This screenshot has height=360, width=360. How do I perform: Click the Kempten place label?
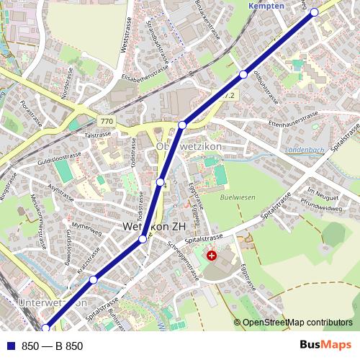click(x=266, y=5)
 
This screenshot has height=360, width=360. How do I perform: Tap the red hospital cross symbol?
click(x=211, y=255)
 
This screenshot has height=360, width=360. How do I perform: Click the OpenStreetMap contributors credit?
click(x=297, y=323)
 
